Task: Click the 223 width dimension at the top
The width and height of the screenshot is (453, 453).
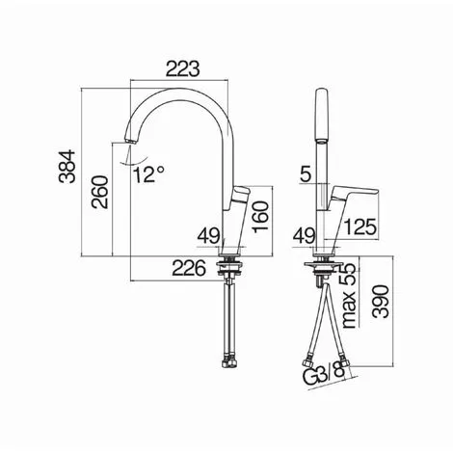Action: [x=182, y=68]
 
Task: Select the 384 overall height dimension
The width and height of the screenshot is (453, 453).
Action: [x=67, y=167]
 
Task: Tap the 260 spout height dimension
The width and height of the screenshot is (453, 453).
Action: [x=100, y=192]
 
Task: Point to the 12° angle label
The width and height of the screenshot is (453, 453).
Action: [x=149, y=175]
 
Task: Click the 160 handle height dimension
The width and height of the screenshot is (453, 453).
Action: [x=260, y=217]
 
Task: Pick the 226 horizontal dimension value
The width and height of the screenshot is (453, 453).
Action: [x=189, y=268]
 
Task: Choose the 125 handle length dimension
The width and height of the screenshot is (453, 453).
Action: [x=360, y=226]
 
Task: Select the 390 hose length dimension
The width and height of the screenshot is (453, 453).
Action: [x=381, y=301]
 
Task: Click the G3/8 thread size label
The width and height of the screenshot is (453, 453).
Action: [x=324, y=375]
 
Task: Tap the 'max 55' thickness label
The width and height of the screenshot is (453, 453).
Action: [x=349, y=296]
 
